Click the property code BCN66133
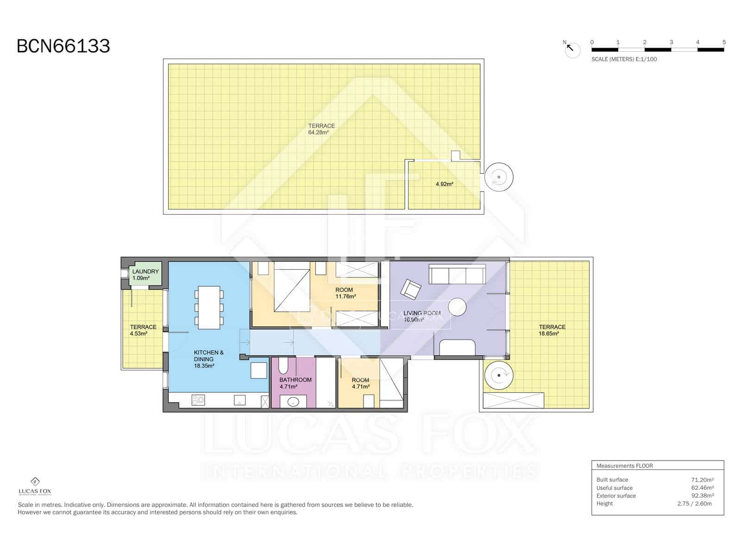click(63, 46)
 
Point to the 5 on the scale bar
click(724, 42)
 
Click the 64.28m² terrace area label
click(321, 129)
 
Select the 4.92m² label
click(444, 184)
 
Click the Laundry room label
click(145, 275)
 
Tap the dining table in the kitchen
click(209, 308)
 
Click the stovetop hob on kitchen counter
click(199, 401)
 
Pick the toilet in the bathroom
click(283, 366)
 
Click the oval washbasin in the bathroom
click(293, 401)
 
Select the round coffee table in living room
click(457, 307)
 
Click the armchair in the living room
click(411, 290)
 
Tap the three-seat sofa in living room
click(457, 274)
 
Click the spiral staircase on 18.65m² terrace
click(499, 375)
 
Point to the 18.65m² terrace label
click(552, 330)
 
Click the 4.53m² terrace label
click(143, 330)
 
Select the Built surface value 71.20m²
click(702, 480)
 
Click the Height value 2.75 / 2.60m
click(694, 504)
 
